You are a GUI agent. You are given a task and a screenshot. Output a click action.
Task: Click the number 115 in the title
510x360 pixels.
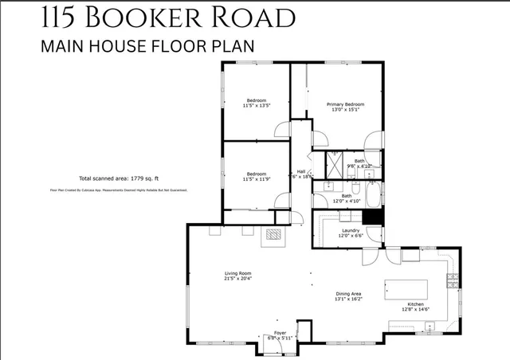tap(61, 18)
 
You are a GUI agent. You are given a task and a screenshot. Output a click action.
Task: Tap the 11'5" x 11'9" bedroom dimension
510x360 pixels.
tap(256, 179)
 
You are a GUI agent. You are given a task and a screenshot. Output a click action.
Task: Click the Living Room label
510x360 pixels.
tap(237, 273)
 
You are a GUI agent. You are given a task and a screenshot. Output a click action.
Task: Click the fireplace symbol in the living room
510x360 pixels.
tap(273, 234)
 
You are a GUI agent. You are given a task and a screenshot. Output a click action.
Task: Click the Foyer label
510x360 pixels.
tap(280, 332)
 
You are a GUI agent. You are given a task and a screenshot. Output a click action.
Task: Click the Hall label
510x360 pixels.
tap(301, 171)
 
